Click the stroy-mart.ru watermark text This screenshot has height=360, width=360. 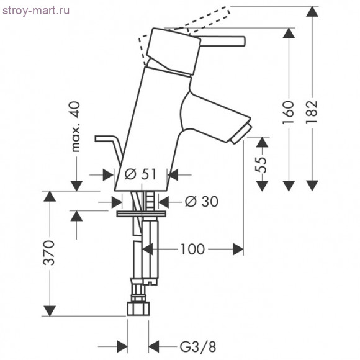pos(36,11)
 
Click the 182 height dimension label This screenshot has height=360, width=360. pos(312,112)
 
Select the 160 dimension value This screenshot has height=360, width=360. pos(289,112)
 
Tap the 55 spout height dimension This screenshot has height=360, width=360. pos(262,164)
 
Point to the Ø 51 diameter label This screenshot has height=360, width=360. pos(140,174)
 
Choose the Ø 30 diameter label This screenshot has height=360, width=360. pos(202,202)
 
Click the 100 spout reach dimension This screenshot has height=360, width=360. pos(192,249)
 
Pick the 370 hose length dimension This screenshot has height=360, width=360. pos(49,253)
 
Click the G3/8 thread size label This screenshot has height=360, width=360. pos(197,347)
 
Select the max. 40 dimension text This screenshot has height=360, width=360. pos(76,127)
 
